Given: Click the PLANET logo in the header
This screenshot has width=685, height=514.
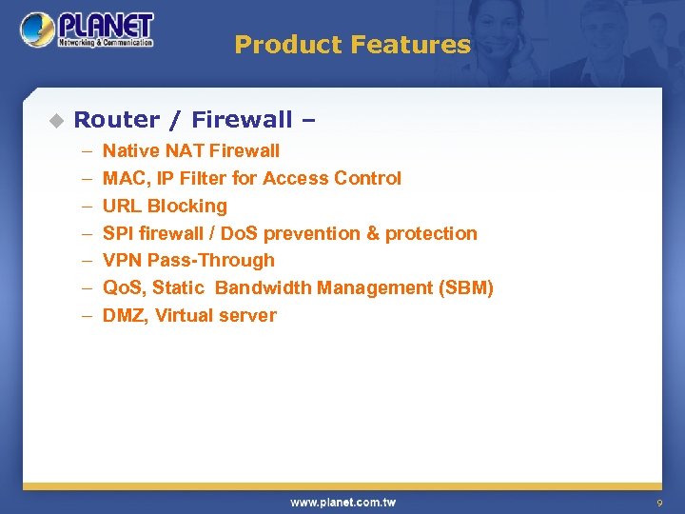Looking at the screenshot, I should click(87, 30).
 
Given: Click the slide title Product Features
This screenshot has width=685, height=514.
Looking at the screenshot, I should click(352, 45).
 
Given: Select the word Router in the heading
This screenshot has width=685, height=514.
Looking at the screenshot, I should click(117, 120).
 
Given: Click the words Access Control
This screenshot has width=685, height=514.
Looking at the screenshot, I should click(357, 178).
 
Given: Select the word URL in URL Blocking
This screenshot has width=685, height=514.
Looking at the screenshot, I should click(122, 206).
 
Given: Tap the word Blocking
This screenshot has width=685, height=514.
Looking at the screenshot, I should click(187, 206).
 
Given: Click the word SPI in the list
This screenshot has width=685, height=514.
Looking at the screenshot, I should click(119, 233).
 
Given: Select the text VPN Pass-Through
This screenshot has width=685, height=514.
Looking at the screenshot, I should click(188, 260).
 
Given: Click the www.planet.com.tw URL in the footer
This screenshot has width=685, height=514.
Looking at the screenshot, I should click(342, 503).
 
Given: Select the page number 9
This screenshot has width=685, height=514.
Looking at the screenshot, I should click(658, 503).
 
